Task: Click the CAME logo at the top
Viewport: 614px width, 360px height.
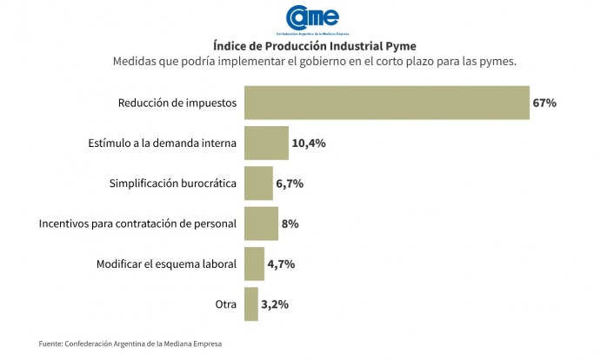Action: coord(312,19)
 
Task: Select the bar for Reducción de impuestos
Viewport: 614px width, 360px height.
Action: coord(387,103)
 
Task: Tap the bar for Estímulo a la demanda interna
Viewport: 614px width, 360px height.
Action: coord(266,143)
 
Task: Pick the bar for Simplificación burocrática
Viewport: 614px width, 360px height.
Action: coord(258,183)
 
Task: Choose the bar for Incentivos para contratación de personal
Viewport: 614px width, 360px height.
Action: coord(261,223)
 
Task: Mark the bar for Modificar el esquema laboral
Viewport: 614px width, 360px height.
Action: coord(254,263)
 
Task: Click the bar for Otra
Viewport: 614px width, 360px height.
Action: coord(250,304)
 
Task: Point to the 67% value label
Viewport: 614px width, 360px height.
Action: coord(544,103)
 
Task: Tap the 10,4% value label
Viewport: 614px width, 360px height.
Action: coord(309,143)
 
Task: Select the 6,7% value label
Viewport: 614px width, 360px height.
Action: coord(290,183)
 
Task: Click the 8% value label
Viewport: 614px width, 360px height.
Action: coord(290,223)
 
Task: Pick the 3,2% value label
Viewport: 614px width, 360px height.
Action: coord(275,304)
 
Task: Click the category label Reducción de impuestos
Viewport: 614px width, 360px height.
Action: coord(177,103)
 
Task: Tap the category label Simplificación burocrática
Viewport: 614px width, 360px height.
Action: coord(172,183)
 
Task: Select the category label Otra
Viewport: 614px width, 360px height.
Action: coord(225,304)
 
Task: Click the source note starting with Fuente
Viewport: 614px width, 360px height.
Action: coord(130,344)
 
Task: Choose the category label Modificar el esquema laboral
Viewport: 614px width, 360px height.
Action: coord(165,263)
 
